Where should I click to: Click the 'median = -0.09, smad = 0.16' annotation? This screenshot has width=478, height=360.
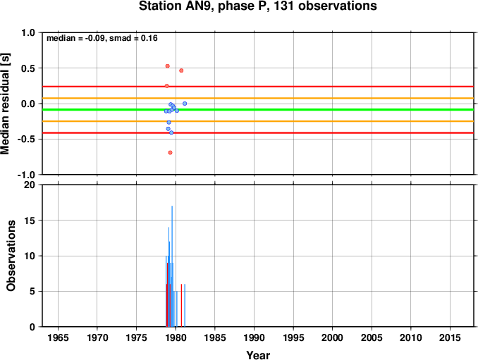point(102,38)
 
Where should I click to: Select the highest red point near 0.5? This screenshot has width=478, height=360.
point(167,66)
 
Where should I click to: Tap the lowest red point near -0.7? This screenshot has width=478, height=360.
point(170,153)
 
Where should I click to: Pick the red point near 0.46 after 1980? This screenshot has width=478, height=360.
point(181,70)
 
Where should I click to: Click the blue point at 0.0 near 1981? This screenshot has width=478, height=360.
point(185,104)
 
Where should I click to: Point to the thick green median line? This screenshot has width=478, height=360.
point(258,110)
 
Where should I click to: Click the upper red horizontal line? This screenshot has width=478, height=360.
point(258,87)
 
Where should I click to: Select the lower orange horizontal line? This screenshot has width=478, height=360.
point(258,121)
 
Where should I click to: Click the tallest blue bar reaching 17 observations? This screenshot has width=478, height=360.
point(172,266)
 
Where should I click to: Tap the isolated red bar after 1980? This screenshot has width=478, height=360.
point(181,306)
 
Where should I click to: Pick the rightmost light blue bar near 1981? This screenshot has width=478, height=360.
point(185,306)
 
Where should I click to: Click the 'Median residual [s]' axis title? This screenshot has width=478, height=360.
point(5,104)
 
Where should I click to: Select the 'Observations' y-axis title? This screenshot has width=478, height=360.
point(11,256)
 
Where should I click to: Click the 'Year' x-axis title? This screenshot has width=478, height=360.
point(258,355)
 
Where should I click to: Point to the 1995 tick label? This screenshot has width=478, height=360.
point(293,337)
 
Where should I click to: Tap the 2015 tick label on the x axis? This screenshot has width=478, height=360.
point(450,337)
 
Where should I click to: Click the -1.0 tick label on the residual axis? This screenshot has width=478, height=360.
point(26,175)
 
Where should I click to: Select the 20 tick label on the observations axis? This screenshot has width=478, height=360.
point(30,185)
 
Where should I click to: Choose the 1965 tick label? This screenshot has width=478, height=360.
point(58,337)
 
